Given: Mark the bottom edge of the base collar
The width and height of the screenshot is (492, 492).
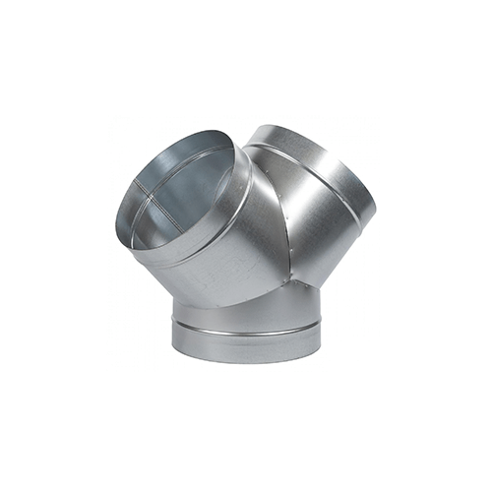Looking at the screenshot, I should pyautogui.click(x=246, y=363).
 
